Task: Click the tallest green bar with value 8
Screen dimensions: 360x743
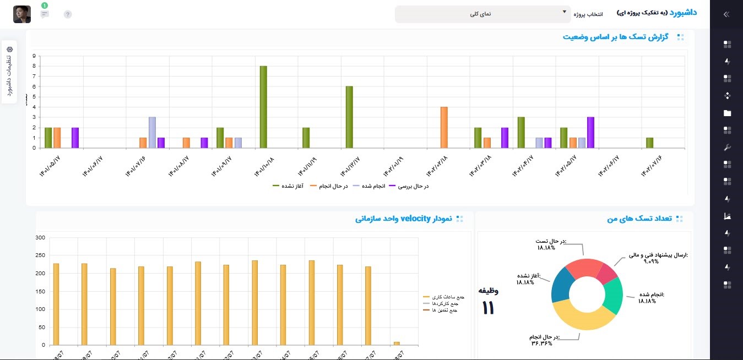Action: pos(263,107)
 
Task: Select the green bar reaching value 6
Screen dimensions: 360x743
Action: pos(349,117)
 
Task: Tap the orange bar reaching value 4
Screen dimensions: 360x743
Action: pos(444,127)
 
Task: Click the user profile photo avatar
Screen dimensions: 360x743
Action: pos(22,14)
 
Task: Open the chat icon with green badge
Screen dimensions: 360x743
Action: pos(45,14)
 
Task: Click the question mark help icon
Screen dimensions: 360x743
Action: pos(68,14)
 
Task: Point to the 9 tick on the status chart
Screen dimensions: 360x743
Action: pos(34,56)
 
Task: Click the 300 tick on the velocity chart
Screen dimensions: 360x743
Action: pos(40,238)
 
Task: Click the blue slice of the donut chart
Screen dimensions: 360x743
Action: pos(561,285)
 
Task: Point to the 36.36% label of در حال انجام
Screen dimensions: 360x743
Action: pos(542,343)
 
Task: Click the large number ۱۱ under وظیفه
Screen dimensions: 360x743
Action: pos(488,308)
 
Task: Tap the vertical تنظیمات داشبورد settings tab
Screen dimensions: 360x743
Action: pos(9,72)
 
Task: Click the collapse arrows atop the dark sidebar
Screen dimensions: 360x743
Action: pos(726,15)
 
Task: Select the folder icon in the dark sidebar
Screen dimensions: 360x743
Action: pos(727,113)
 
